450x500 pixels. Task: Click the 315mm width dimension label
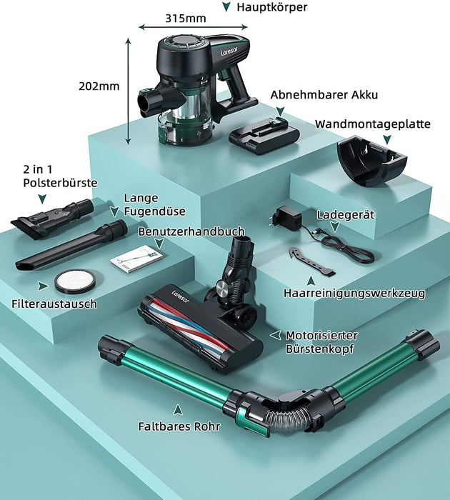coord(185,18)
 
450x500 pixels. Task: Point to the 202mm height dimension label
coord(99,86)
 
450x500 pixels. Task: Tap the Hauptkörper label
coord(271,7)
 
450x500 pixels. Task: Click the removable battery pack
coord(264,136)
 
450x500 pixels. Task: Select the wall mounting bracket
coord(372,161)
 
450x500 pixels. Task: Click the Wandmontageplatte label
coord(373,124)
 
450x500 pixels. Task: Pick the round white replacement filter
coord(75,281)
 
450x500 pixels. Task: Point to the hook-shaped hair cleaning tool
coord(311,260)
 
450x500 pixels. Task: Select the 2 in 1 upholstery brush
coord(52,218)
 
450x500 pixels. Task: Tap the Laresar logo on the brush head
coord(180,296)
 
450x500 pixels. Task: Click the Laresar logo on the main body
coord(229,50)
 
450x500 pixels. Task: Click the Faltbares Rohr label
coord(179,426)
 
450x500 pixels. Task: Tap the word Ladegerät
coord(346,214)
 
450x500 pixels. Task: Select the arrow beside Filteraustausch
coord(43,286)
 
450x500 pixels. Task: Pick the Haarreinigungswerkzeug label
coord(354,293)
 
